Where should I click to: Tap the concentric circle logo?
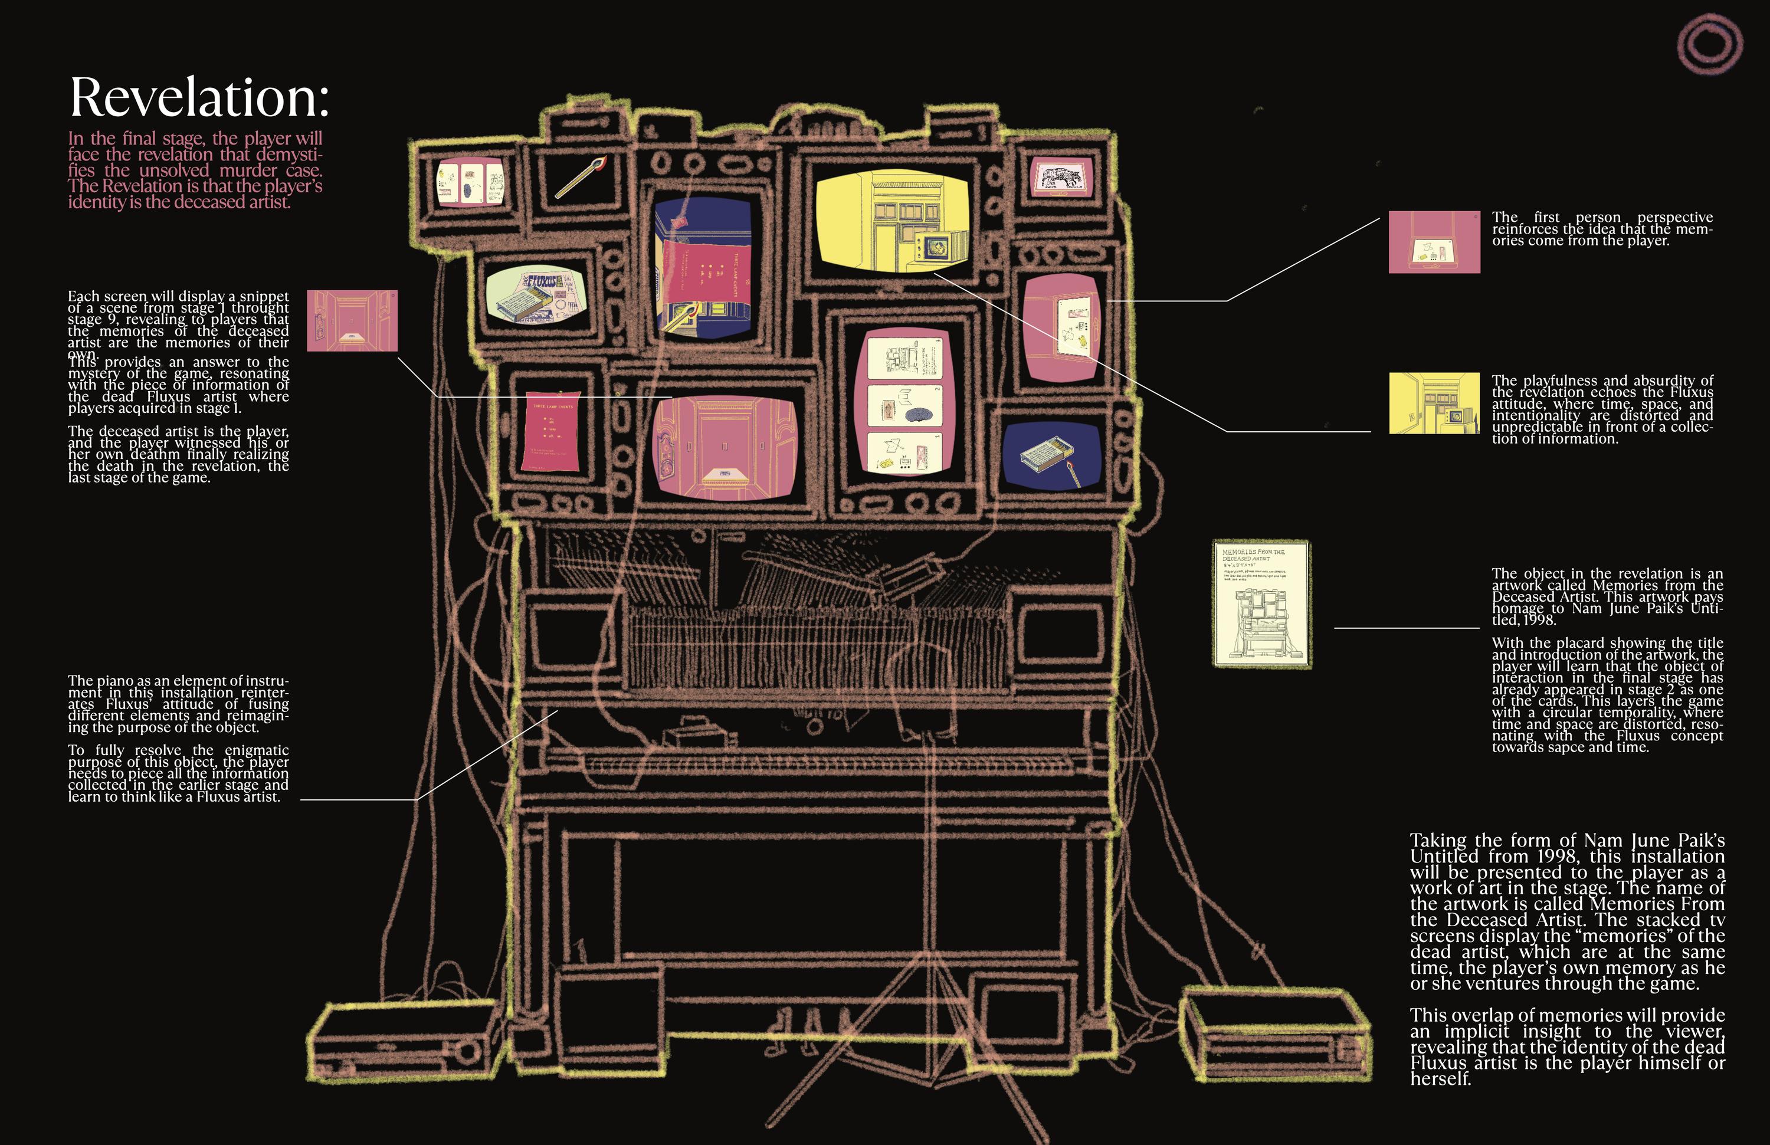pyautogui.click(x=1710, y=43)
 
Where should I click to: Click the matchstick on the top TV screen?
pyautogui.click(x=581, y=178)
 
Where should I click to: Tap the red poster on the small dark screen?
pyautogui.click(x=552, y=431)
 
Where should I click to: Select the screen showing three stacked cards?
pyautogui.click(x=904, y=402)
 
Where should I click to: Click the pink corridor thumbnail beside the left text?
pyautogui.click(x=352, y=320)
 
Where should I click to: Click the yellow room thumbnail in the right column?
pyautogui.click(x=1434, y=403)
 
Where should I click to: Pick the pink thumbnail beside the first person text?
pyautogui.click(x=1434, y=242)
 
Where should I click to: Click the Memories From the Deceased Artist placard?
pyautogui.click(x=1261, y=603)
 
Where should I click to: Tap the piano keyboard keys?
pyautogui.click(x=811, y=763)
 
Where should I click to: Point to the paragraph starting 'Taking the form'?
pyautogui.click(x=1566, y=911)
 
